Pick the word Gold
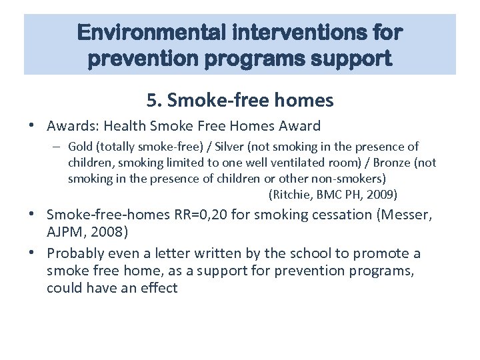tap(79, 147)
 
